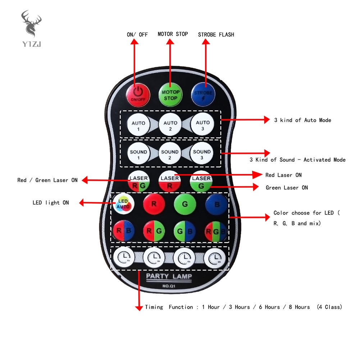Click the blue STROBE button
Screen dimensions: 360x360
pyautogui.click(x=202, y=94)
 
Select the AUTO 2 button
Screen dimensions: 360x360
pyautogui.click(x=170, y=125)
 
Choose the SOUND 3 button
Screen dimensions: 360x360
pyautogui.click(x=201, y=154)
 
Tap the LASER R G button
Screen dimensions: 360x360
pyautogui.click(x=138, y=182)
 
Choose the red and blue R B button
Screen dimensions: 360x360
pyautogui.click(x=123, y=231)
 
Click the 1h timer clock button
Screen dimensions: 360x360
pyautogui.click(x=123, y=258)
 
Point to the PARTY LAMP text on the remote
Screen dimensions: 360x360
pyautogui.click(x=169, y=276)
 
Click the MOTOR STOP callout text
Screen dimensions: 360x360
pyautogui.click(x=173, y=34)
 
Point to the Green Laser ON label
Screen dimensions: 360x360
pyautogui.click(x=287, y=188)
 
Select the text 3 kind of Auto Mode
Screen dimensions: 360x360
pyautogui.click(x=302, y=120)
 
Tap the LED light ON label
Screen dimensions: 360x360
pyautogui.click(x=51, y=203)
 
